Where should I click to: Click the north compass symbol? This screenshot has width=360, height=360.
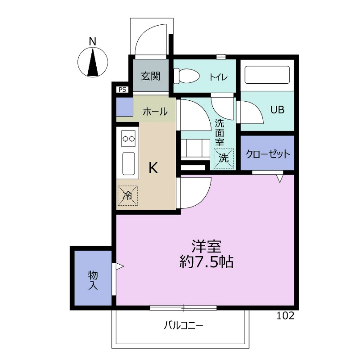coord(93,62)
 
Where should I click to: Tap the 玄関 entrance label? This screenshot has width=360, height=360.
coord(150,76)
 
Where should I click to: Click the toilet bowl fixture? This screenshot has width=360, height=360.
coord(186,76)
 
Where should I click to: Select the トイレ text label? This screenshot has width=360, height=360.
coord(218,77)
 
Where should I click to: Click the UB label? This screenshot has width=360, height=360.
coord(277,110)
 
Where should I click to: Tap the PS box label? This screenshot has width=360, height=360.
coord(122,90)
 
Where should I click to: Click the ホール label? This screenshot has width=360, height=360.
coord(155,112)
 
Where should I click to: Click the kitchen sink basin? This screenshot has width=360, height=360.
coord(128,163)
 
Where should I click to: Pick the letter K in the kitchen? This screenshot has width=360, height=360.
coord(153,168)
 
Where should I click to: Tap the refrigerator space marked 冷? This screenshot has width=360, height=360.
coord(128,196)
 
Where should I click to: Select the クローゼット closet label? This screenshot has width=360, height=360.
coord(267,154)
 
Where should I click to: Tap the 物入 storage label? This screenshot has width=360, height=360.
coord(93,279)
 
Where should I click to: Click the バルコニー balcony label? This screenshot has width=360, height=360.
coord(183,324)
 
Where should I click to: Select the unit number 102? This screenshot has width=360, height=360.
coord(286,315)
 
